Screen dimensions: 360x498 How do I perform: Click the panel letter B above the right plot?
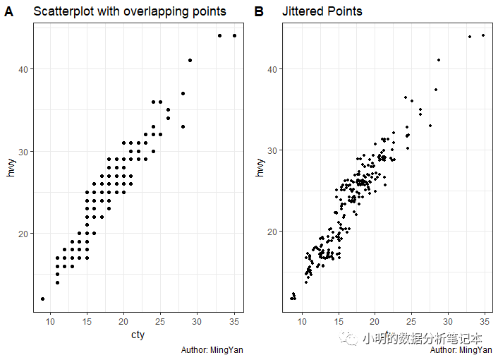(259, 12)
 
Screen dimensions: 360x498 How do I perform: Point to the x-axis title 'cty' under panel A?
(138, 335)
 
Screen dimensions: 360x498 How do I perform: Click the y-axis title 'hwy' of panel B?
(261, 167)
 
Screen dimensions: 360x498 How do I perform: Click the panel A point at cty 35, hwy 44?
(234, 35)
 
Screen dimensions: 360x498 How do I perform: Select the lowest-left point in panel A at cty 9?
(43, 299)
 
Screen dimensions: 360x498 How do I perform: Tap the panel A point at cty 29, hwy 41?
(190, 60)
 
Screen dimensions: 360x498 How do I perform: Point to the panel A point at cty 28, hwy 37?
(183, 93)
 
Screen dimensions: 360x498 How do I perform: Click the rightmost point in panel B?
(483, 35)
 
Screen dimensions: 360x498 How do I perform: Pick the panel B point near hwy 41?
(439, 60)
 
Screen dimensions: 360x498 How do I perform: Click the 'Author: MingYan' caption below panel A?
(212, 350)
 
